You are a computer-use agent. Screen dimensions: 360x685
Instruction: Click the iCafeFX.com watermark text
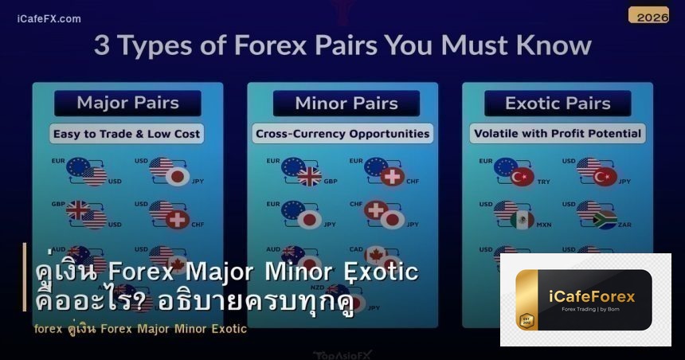49,18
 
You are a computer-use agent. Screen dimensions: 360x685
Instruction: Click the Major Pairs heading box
127,103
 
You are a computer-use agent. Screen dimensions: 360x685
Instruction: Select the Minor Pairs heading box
346,103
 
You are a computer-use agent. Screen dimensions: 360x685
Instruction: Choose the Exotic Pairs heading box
558,103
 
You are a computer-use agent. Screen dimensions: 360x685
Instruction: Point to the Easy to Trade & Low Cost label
127,134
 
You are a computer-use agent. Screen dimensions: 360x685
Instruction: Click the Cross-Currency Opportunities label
342,134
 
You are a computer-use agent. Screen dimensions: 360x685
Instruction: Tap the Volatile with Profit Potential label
558,134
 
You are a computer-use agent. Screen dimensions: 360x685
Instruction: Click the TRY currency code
544,182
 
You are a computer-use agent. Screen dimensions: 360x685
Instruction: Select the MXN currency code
544,225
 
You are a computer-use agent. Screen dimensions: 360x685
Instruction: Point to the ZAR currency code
624,225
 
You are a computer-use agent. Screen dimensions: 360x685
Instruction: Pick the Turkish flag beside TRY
523,176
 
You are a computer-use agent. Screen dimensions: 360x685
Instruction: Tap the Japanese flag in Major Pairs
178,176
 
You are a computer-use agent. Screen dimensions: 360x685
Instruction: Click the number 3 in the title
101,45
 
